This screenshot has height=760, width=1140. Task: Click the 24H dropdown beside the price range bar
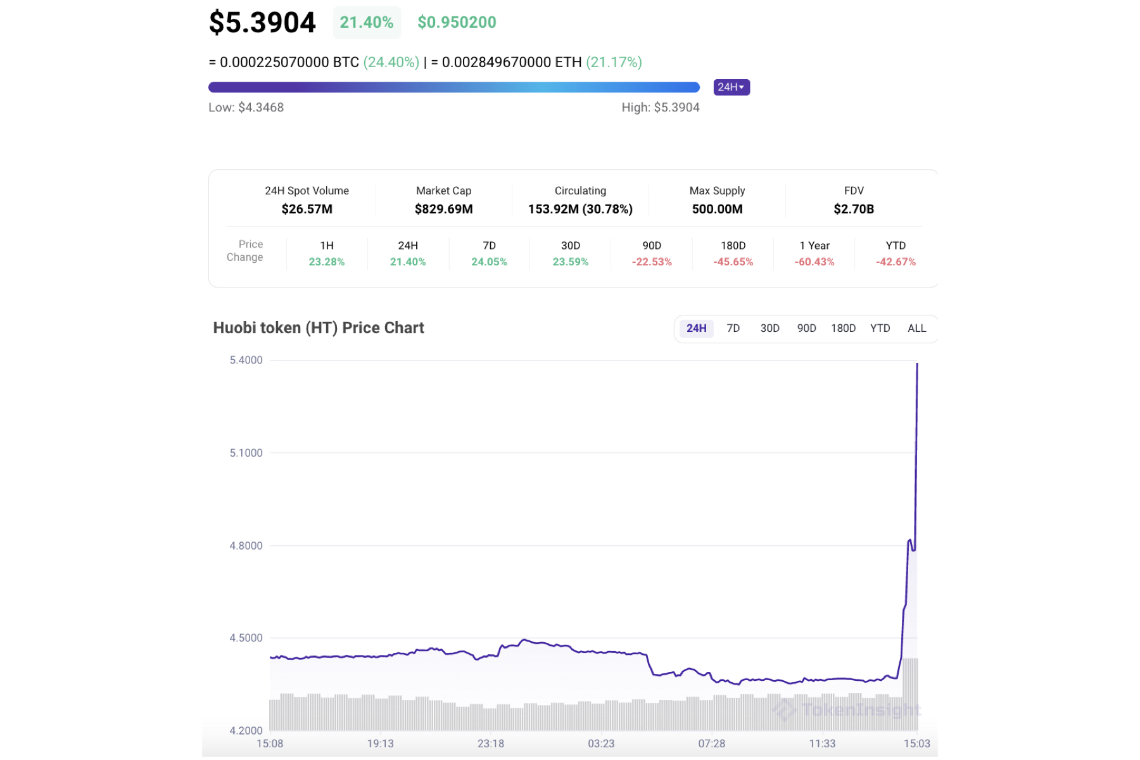[731, 87]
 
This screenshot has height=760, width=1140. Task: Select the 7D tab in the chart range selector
[733, 328]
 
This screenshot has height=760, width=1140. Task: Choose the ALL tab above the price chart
[916, 328]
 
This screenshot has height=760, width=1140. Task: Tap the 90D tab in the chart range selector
[806, 328]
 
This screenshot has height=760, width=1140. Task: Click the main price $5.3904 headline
[262, 23]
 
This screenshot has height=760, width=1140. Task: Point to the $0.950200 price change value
[457, 23]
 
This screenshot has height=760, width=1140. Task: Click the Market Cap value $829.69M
[443, 209]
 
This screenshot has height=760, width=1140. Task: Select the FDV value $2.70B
[853, 209]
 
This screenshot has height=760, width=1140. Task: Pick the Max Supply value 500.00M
[717, 209]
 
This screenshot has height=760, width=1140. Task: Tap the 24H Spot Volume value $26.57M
[307, 209]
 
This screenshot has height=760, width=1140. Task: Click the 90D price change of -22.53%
[652, 262]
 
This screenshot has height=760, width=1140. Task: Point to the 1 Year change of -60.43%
[814, 262]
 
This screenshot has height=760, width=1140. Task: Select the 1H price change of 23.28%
[327, 262]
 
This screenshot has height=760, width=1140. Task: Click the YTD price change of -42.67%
[896, 262]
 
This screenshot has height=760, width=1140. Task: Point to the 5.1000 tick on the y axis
[246, 453]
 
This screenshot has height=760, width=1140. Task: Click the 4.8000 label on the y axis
[246, 546]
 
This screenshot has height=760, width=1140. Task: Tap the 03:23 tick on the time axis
[601, 744]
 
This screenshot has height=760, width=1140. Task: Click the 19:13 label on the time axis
[380, 744]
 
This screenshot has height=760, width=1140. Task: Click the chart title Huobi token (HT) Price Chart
[319, 328]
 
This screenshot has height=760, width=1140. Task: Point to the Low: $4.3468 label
[246, 108]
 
